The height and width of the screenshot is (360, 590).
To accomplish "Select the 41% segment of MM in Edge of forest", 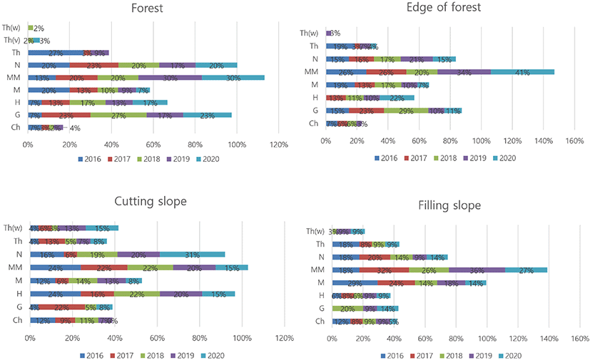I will (x=522, y=72).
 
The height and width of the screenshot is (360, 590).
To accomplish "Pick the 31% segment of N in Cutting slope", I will (x=192, y=254).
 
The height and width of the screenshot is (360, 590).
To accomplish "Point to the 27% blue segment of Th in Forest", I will (x=56, y=53).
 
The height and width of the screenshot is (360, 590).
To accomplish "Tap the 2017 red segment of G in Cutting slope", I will (x=61, y=307).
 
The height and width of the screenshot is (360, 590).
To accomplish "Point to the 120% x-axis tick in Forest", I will (x=279, y=145).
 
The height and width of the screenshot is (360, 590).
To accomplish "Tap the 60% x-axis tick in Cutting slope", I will (x=157, y=337).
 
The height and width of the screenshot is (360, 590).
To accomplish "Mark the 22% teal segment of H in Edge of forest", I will (x=397, y=98).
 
